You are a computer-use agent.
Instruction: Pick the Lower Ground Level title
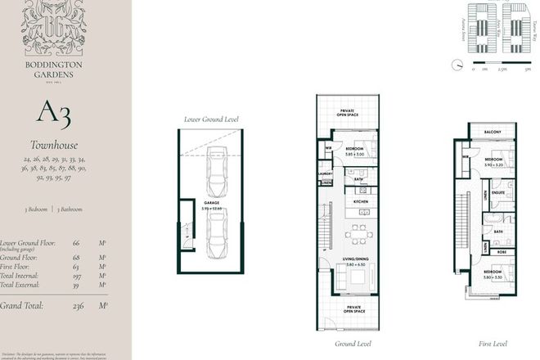coord(211,119)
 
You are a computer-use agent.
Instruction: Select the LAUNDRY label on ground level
coord(326,173)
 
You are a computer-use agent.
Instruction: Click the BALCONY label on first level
coord(492,132)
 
